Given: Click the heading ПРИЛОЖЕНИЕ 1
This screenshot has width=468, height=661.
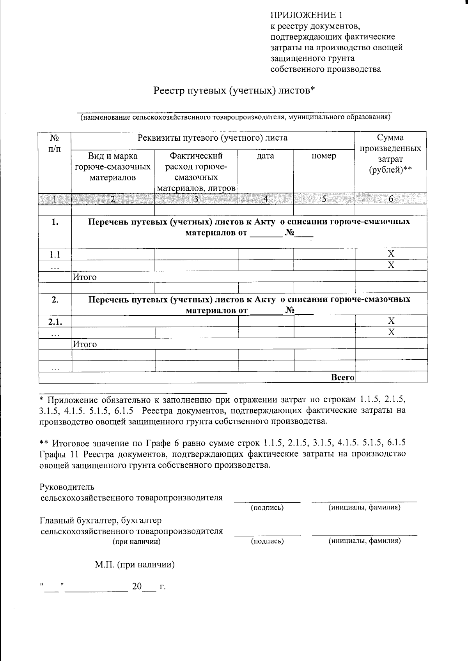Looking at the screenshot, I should (x=307, y=16).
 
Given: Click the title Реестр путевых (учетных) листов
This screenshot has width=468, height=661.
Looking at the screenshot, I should (x=234, y=90).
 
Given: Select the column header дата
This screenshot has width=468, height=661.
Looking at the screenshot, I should (x=266, y=156).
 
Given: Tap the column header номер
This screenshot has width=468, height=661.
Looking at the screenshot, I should (x=324, y=156).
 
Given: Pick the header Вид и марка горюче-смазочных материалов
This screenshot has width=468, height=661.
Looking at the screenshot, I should (x=113, y=167).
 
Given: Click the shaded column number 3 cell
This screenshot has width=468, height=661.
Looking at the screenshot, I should (x=196, y=199).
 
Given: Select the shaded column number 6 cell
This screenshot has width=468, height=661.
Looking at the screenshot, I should (x=391, y=199).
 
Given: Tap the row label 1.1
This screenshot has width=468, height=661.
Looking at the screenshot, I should (x=55, y=255).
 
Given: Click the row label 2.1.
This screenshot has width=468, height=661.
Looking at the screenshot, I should (x=55, y=322).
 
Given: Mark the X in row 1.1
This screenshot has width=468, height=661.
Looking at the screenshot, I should (x=391, y=254).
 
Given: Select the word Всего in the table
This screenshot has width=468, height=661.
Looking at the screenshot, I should (x=342, y=377).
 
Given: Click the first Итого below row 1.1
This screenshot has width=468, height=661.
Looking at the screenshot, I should (x=85, y=277).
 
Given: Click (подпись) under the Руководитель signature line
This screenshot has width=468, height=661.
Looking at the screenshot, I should (x=267, y=507).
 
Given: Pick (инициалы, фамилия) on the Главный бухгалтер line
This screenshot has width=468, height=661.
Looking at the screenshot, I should (x=364, y=541).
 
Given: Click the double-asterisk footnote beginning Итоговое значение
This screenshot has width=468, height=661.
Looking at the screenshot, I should (x=223, y=454).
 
